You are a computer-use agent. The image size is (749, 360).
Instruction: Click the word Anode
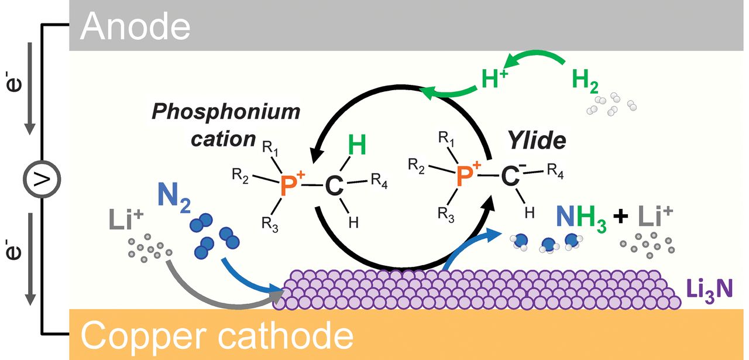click(x=135, y=26)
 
